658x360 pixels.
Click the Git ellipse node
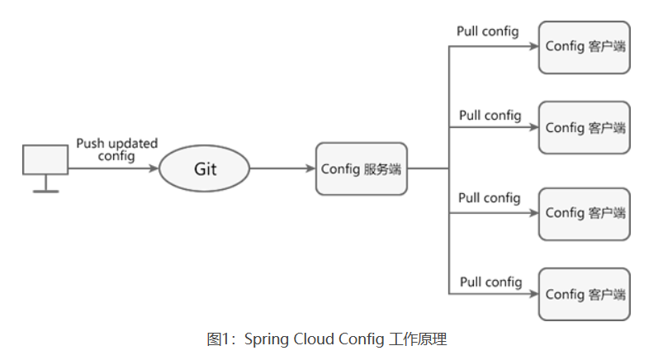(204, 168)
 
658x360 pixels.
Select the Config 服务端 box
(361, 168)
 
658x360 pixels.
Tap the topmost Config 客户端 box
(585, 46)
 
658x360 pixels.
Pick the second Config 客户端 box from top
(585, 128)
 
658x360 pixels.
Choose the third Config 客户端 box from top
(585, 213)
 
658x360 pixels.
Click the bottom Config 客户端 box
(585, 294)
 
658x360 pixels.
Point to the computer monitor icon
(45, 160)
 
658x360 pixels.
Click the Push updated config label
(116, 149)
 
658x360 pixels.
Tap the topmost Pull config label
(488, 32)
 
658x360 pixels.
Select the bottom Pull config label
(490, 282)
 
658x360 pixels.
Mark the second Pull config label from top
(490, 115)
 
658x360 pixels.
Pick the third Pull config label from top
(490, 198)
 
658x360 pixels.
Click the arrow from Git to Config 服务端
(282, 168)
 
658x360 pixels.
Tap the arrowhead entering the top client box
(533, 47)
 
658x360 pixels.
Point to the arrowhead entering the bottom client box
(533, 294)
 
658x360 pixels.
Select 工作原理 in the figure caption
(419, 339)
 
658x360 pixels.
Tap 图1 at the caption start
(216, 339)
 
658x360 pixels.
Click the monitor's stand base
(45, 191)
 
